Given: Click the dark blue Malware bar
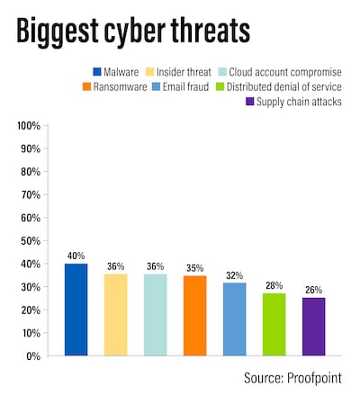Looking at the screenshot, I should [76, 310].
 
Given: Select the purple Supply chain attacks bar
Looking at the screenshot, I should [313, 326].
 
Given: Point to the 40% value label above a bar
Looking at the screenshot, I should [76, 256].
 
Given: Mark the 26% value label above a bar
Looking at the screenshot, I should [313, 291].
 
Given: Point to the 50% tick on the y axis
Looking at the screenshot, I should [31, 240].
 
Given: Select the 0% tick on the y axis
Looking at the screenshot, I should [33, 356].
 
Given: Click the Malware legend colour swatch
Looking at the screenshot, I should [96, 71].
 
